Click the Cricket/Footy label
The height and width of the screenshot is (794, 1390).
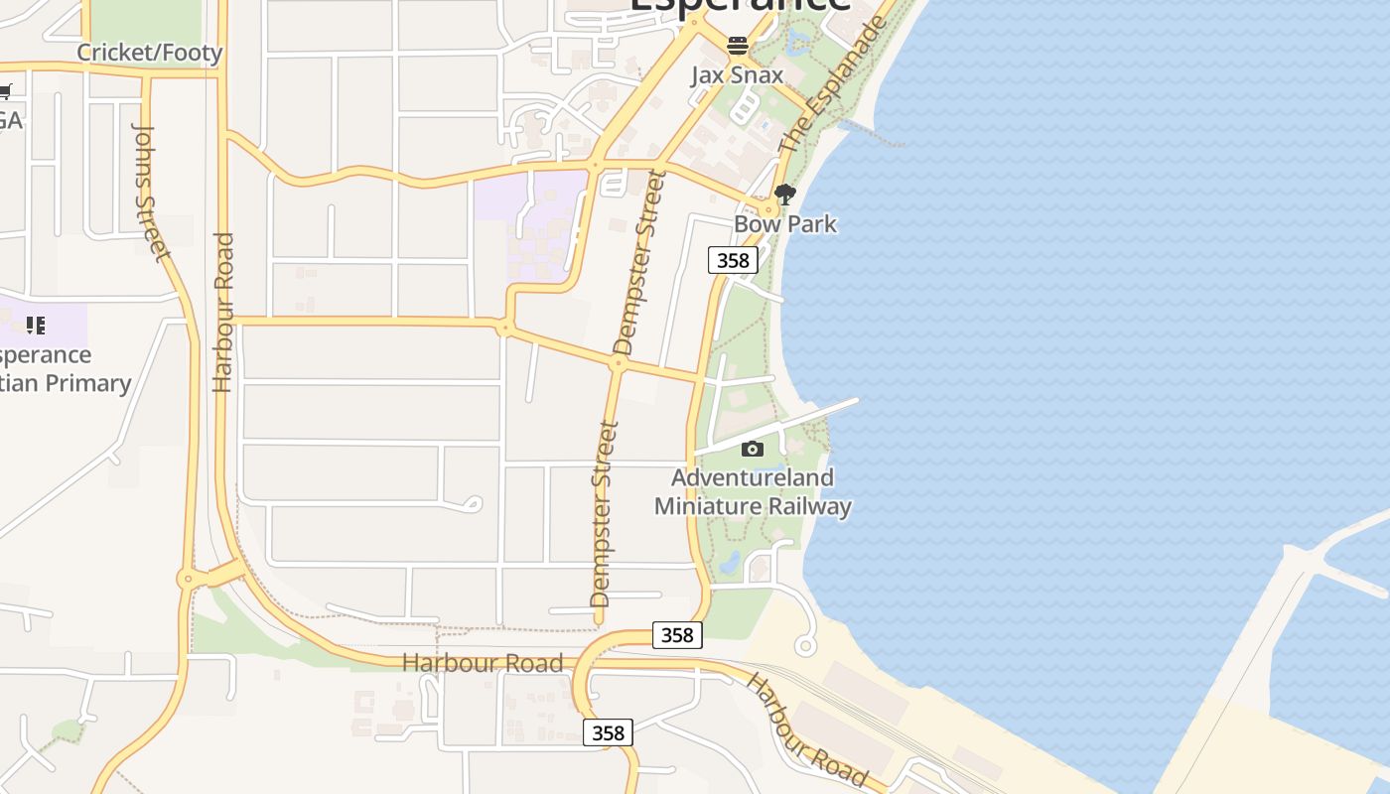click(150, 53)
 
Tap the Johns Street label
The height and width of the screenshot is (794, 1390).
click(151, 193)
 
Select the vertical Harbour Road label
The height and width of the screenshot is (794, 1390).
click(222, 312)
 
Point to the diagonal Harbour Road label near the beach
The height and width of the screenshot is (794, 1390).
click(806, 729)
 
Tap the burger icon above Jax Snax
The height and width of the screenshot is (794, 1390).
click(737, 46)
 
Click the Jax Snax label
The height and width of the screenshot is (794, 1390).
click(737, 75)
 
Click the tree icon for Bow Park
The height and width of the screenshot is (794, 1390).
click(785, 195)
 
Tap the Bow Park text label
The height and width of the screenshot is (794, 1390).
click(785, 224)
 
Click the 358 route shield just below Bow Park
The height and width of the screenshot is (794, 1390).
click(733, 260)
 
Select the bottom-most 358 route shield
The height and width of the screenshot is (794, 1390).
click(607, 732)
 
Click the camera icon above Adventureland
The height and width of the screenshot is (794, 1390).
click(753, 449)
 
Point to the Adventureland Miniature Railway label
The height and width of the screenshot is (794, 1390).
click(753, 492)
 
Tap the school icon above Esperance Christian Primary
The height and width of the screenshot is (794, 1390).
click(36, 325)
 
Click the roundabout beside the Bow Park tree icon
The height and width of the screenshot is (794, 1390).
click(769, 208)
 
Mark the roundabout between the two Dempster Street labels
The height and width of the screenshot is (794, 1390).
click(617, 364)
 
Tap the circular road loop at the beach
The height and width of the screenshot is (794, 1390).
click(805, 646)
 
